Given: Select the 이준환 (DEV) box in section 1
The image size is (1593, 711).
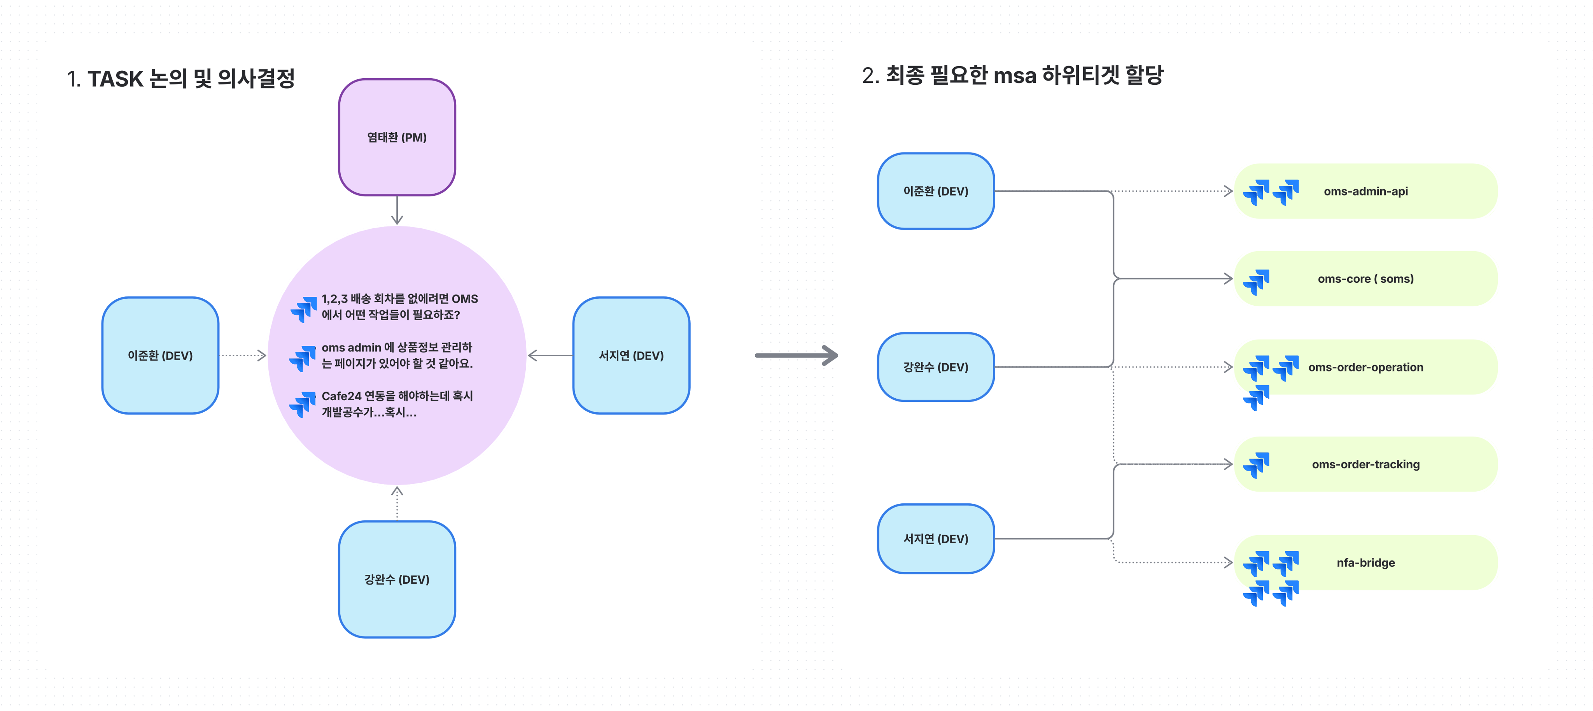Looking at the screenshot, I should pyautogui.click(x=160, y=355).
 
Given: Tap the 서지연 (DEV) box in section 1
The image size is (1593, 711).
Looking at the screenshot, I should pyautogui.click(x=631, y=355).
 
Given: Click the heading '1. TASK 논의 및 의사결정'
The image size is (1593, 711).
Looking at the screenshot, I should pyautogui.click(x=180, y=79).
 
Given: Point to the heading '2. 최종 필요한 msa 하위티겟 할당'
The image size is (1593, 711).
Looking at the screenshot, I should pyautogui.click(x=1012, y=75).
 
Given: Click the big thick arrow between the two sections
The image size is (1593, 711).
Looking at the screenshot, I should pyautogui.click(x=796, y=355).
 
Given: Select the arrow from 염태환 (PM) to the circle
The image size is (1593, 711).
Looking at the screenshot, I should pyautogui.click(x=397, y=210).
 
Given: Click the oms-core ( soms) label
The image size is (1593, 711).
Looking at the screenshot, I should pyautogui.click(x=1365, y=279).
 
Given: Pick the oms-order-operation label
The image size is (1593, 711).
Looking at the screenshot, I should pyautogui.click(x=1365, y=367).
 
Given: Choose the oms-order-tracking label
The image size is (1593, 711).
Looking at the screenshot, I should pyautogui.click(x=1365, y=464).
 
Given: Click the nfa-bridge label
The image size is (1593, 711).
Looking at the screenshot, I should pyautogui.click(x=1365, y=563).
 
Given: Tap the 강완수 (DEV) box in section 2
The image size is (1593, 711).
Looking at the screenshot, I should pyautogui.click(x=936, y=367).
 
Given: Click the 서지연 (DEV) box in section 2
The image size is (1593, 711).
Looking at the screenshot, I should pyautogui.click(x=936, y=539).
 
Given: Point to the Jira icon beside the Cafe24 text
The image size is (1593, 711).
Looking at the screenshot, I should pyautogui.click(x=303, y=405).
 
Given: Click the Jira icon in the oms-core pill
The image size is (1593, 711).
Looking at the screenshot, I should pyautogui.click(x=1256, y=282).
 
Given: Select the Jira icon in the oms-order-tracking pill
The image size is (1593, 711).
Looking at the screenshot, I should pyautogui.click(x=1256, y=465).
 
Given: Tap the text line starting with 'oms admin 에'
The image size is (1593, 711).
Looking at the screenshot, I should pyautogui.click(x=396, y=347).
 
